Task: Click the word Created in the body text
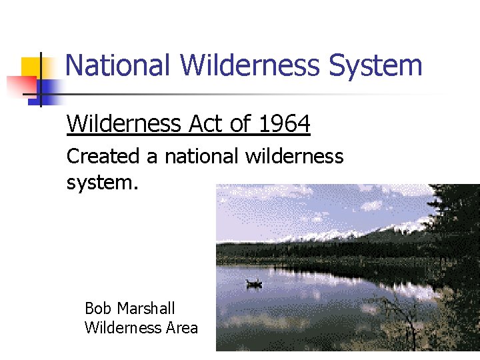103,157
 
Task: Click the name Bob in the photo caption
97,309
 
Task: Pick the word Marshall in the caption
145,309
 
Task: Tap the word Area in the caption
182,327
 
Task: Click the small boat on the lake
254,283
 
